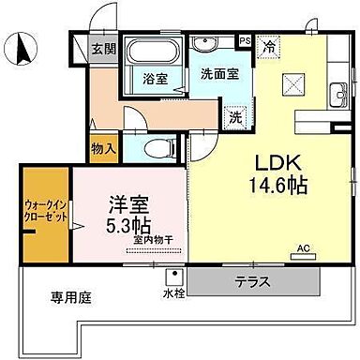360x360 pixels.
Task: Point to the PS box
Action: pos(245,41)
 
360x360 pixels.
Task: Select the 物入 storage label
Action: pos(104,147)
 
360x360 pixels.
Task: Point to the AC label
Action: pos(303,248)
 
